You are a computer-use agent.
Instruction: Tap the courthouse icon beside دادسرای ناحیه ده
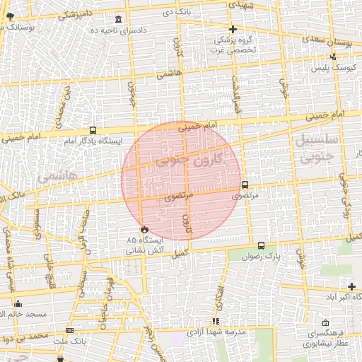(x=117, y=19)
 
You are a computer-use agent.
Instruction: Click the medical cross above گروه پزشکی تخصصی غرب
(x=233, y=29)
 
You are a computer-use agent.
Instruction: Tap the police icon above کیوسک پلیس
(x=333, y=57)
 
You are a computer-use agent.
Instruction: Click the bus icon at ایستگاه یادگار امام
(x=93, y=131)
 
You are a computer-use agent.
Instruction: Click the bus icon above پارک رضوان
(x=262, y=245)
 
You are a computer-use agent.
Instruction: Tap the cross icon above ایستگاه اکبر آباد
(x=351, y=286)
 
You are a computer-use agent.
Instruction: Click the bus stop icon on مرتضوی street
(x=245, y=185)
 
